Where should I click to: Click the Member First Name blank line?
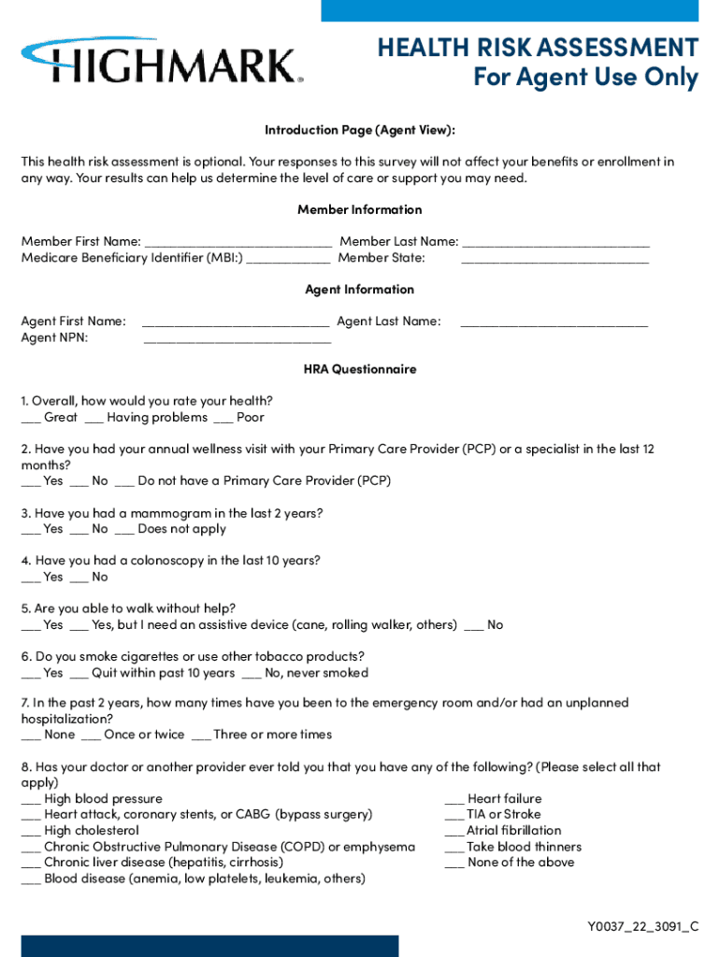[x=238, y=243]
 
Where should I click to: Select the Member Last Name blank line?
[x=555, y=243]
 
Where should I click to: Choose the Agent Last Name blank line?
[x=554, y=322]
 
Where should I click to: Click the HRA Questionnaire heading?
[x=359, y=369]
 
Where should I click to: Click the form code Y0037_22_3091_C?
[x=642, y=927]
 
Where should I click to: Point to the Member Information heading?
[x=359, y=209]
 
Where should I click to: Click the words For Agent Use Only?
[x=585, y=77]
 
